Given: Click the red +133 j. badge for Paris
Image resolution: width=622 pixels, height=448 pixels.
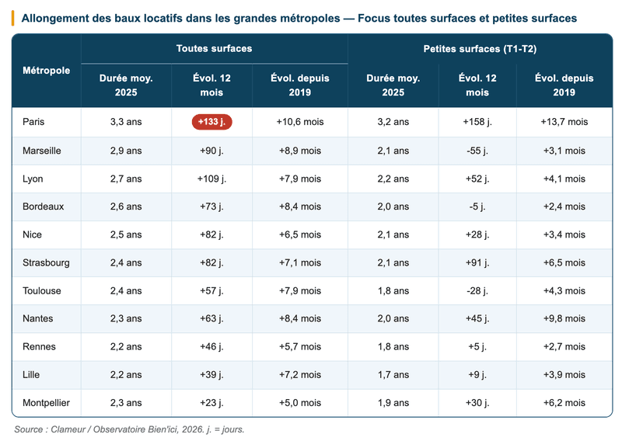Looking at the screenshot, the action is point(211,122).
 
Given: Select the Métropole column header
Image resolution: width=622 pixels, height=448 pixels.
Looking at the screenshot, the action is point(47,71).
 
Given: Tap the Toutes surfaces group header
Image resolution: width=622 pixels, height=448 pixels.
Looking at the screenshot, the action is point(215,48).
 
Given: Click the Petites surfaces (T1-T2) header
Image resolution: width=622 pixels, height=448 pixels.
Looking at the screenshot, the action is point(480,49).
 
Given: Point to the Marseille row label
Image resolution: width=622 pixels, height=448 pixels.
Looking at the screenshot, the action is point(42,151).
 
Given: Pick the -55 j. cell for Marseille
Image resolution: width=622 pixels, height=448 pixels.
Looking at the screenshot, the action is point(477,151).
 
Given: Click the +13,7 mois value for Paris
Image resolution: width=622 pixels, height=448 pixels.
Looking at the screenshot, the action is point(564,122).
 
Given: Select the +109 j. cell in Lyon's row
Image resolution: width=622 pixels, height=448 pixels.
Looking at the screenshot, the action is point(211,179).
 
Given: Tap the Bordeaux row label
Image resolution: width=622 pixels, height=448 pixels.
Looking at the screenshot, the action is point(44,207).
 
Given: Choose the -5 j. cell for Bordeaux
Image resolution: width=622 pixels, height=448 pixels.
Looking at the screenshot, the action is point(477,207).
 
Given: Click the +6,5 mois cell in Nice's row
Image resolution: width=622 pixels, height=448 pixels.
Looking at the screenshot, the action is point(300,234).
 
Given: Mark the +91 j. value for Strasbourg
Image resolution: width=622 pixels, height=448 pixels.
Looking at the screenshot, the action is point(477,262).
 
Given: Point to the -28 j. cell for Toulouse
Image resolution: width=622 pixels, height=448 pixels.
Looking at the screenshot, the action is point(477,290).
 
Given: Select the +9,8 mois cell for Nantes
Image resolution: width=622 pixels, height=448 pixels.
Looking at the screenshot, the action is point(564,318).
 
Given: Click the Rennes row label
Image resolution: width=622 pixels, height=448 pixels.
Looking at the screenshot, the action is point(40,346).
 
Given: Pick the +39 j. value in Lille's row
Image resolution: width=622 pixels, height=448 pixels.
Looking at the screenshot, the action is point(211,375).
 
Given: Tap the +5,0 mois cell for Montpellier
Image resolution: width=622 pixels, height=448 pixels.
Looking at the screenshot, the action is point(300,403).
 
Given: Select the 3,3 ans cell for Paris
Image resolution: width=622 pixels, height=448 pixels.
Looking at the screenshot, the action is point(126,122).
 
